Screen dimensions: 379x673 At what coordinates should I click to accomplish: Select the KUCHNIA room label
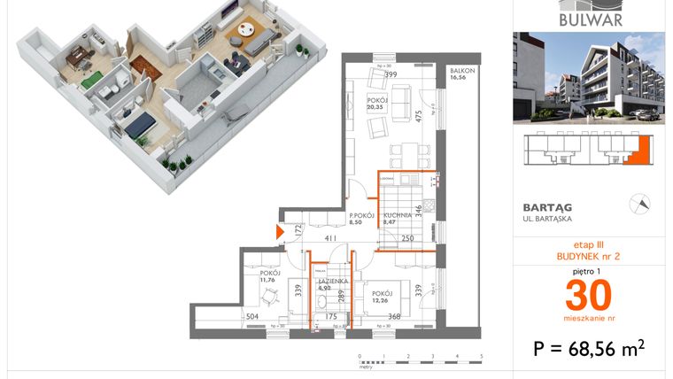tap(398, 215)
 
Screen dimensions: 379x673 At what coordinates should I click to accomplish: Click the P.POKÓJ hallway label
tap(362, 215)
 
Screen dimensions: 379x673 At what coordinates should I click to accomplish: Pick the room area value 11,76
tap(267, 282)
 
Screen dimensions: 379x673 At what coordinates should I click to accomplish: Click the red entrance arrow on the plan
tap(281, 232)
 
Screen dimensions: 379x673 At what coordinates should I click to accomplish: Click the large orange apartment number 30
tap(589, 293)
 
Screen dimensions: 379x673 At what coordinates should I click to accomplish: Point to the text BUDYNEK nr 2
tap(589, 255)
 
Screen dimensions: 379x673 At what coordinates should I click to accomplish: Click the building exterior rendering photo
tap(589, 77)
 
